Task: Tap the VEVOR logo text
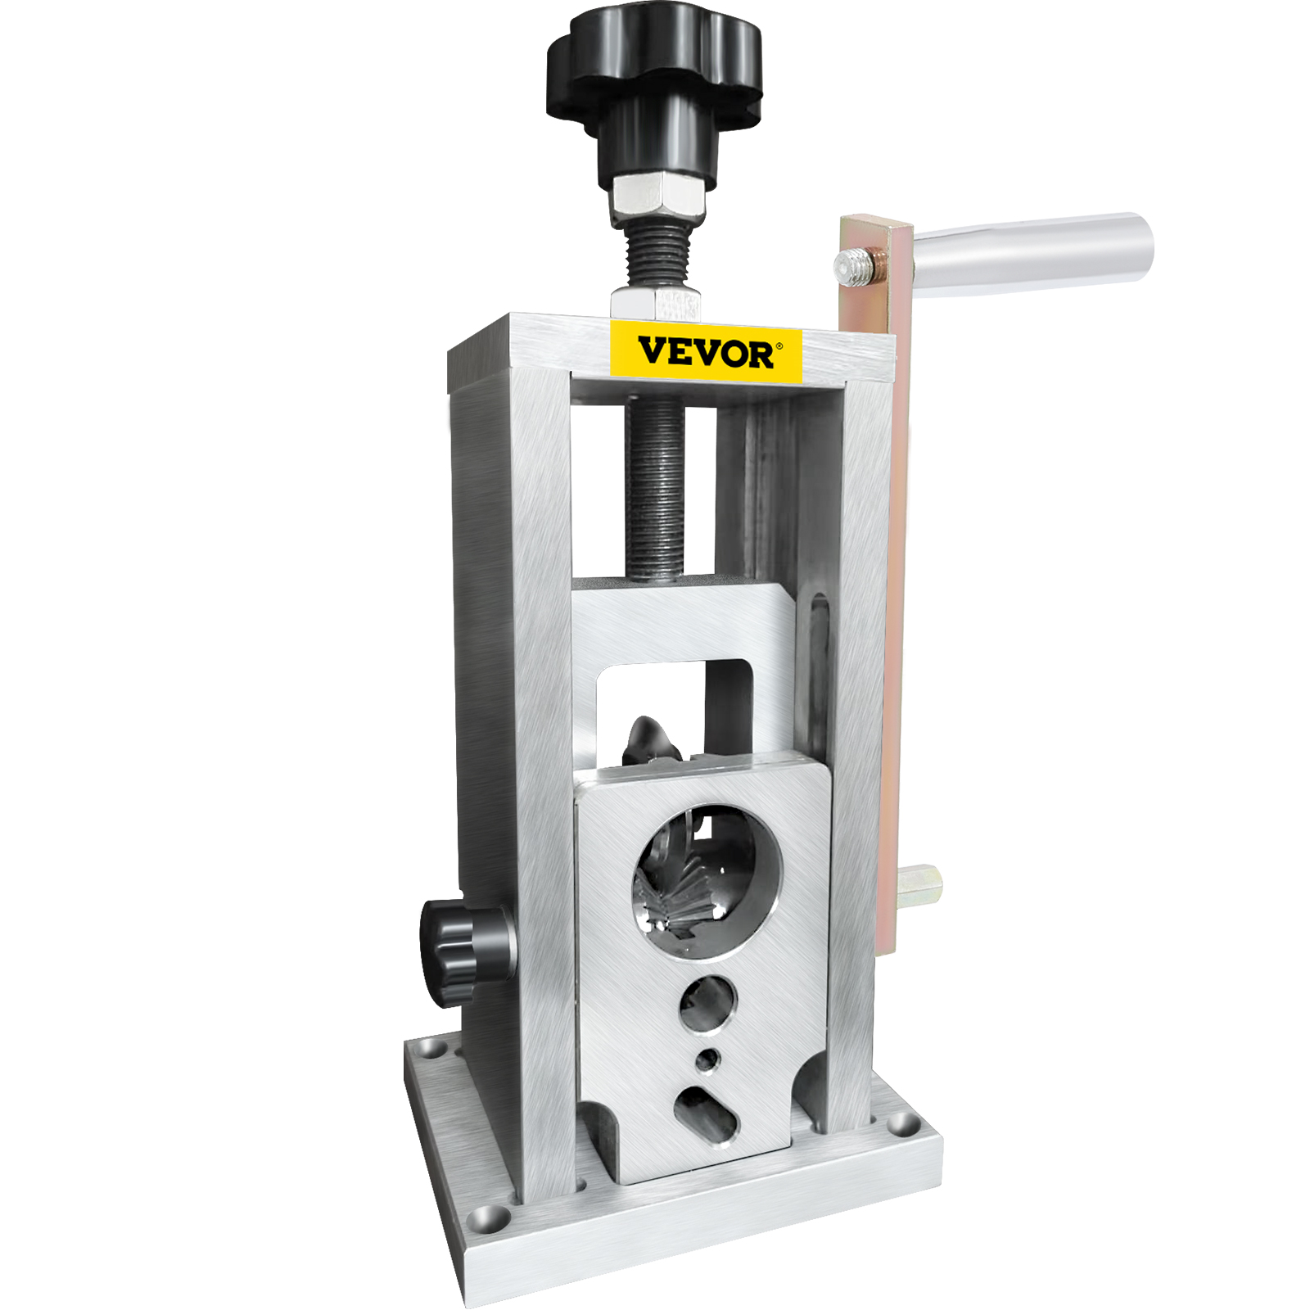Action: [x=705, y=353]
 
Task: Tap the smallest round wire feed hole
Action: [x=707, y=1060]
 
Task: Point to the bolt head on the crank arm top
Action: [x=851, y=267]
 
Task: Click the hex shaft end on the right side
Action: [x=921, y=885]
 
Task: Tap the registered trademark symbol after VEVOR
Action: [x=778, y=346]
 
